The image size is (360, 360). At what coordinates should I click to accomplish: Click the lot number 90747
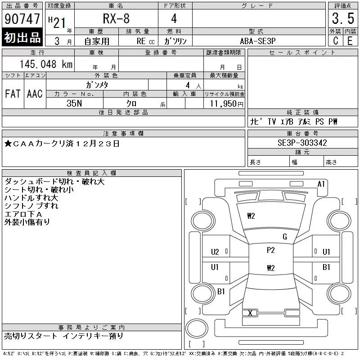pos(22,19)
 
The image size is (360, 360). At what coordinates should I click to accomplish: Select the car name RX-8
pos(116,19)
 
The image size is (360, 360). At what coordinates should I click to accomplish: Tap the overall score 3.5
pos(342,19)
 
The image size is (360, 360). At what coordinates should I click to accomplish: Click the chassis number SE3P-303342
pos(302,143)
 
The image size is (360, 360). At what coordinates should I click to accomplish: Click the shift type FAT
pos(13,94)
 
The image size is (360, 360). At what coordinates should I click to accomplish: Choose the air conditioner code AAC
pos(35,94)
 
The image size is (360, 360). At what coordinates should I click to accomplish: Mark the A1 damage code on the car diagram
pos(321,184)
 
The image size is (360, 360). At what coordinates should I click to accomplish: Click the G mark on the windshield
pos(284,237)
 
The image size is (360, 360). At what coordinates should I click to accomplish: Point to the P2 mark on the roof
pos(270,250)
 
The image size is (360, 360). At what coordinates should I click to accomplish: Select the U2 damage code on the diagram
pos(215,252)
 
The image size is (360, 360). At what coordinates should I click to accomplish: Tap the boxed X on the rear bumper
pos(250,313)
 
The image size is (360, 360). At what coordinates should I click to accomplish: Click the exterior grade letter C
pos(335,40)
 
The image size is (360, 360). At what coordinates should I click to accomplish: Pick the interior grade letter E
pos(350,40)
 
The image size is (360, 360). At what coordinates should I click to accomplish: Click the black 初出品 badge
pos(22,38)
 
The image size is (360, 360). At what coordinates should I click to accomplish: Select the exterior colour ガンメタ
pos(97,85)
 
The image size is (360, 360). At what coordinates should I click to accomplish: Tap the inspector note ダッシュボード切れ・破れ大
pos(54,182)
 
